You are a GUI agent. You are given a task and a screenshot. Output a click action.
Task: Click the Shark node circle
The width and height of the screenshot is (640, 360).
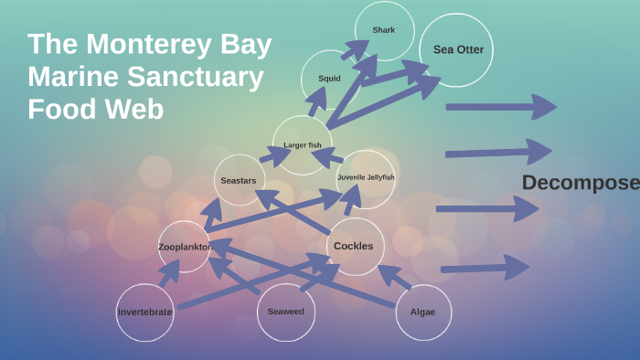(x=384, y=30)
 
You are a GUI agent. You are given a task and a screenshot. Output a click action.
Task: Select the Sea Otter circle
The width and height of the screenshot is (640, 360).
(x=457, y=49)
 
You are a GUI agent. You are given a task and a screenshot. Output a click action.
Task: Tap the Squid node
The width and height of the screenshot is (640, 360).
(x=329, y=79)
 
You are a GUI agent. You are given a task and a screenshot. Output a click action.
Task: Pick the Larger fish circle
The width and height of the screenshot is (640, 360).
(x=302, y=145)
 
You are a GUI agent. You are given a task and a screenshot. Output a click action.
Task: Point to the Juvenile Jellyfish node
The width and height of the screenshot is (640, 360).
(x=366, y=178)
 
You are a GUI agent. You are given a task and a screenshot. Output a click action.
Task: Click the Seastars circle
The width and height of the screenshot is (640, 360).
(x=239, y=181)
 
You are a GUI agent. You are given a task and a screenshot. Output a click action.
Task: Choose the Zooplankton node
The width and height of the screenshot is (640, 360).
(x=184, y=247)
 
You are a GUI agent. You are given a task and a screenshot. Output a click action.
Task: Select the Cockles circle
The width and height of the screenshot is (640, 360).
(x=354, y=246)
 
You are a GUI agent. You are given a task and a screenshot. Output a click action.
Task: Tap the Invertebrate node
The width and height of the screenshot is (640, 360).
(x=144, y=312)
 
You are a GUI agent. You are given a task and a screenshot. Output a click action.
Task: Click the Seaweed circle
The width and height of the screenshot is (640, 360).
(x=285, y=312)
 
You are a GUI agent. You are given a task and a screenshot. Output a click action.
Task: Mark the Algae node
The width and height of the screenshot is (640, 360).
(x=422, y=312)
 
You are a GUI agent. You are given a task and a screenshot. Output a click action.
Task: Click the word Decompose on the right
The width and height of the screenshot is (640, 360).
(x=580, y=183)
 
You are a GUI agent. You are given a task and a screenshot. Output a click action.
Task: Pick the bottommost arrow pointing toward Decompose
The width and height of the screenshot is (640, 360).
(x=485, y=268)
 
